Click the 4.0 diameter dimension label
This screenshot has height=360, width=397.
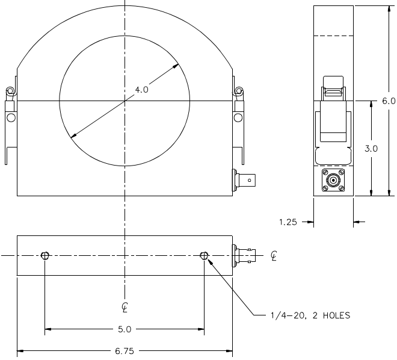141,90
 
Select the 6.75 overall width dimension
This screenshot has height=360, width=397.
125,351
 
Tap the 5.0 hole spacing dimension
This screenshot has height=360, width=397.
125,329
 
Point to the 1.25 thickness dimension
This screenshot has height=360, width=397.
288,222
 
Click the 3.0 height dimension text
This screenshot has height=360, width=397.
371,149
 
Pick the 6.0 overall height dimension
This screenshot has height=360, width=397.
389,101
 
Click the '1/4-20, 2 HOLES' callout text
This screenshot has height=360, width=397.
310,315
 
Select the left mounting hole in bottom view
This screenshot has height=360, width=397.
45,256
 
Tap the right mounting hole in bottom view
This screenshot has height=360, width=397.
204,256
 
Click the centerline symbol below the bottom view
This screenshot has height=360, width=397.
125,307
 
